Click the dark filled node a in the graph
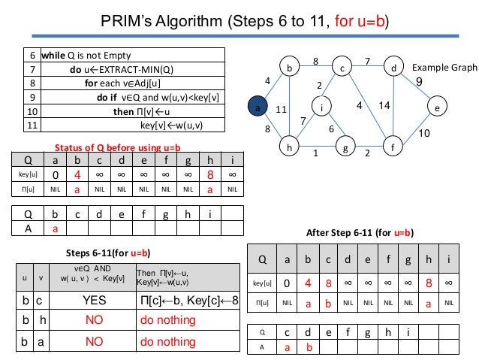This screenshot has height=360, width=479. coord(258,108)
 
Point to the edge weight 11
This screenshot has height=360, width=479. coord(282,109)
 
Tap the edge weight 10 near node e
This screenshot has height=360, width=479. coord(423,133)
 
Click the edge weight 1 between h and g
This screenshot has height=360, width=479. coord(315,153)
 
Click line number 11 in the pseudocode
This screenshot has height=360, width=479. coord(32,126)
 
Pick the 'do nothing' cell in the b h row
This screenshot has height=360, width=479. coord(168,321)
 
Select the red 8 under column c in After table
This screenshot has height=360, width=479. coord(327,283)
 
